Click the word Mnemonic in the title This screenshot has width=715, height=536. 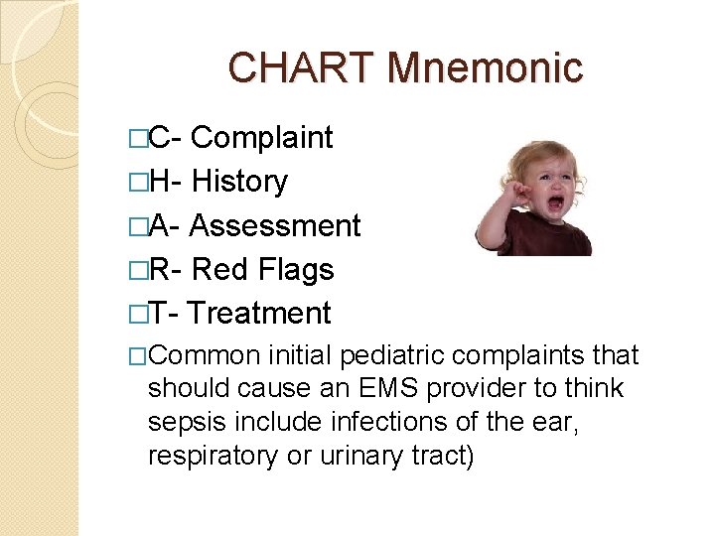click(486, 68)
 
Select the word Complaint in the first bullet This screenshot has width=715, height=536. click(261, 138)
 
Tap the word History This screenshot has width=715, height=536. click(239, 182)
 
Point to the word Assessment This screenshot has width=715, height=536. click(274, 225)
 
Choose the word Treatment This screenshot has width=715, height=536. click(259, 313)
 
